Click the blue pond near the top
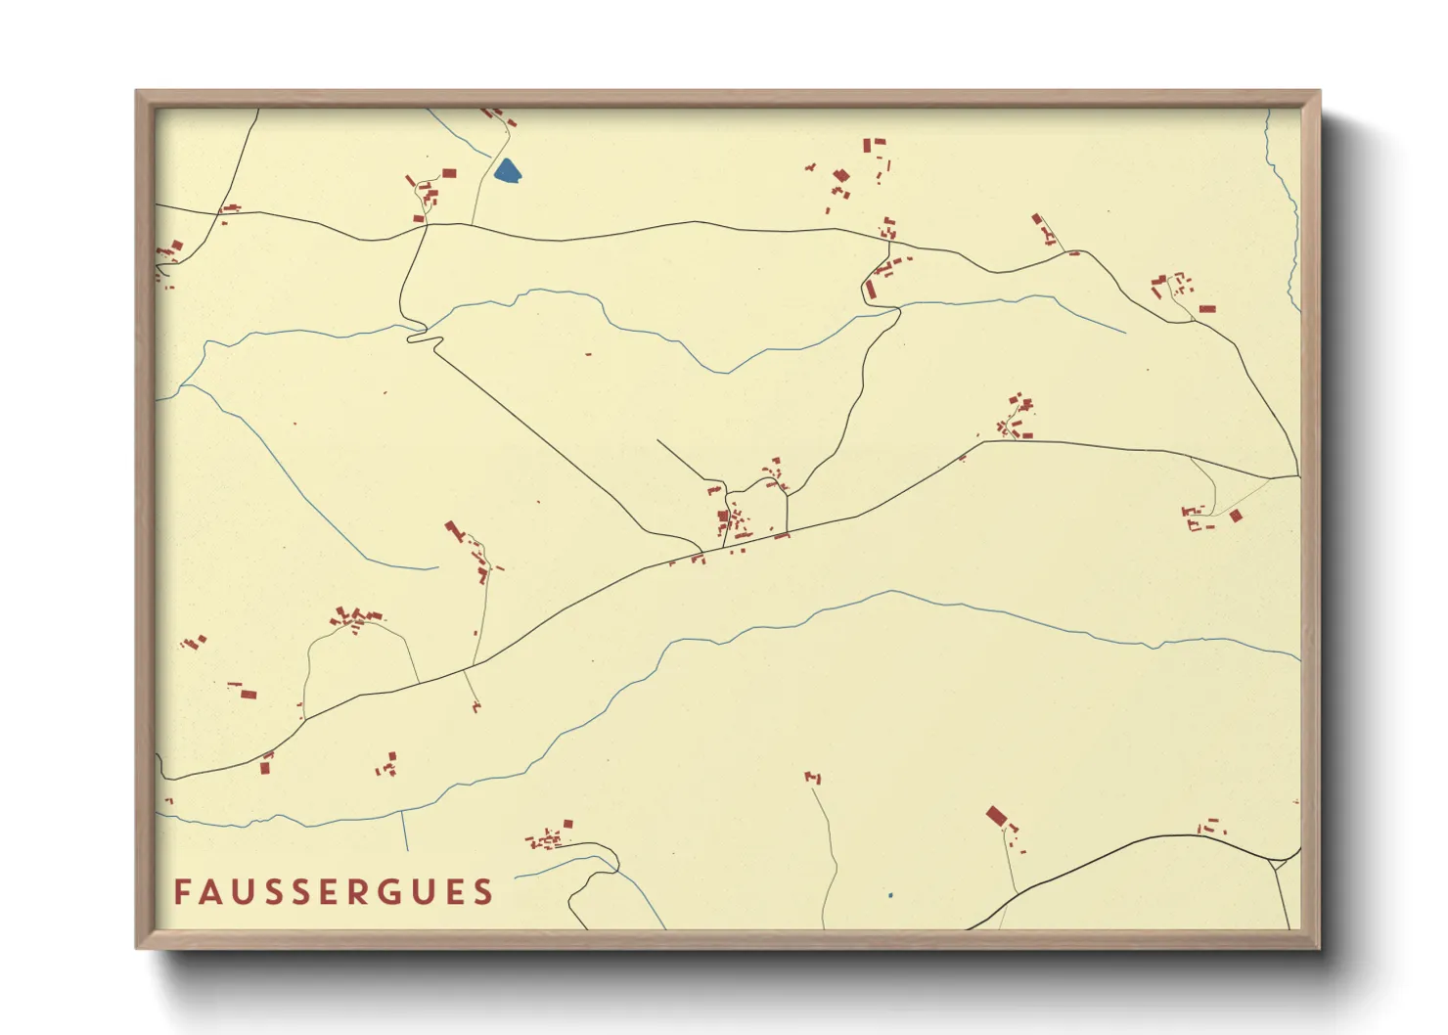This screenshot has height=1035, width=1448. (507, 172)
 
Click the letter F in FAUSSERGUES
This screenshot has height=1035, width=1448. (182, 892)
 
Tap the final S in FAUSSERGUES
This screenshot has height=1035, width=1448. (483, 892)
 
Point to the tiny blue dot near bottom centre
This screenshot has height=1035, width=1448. (890, 895)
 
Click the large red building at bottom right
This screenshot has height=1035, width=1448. (996, 815)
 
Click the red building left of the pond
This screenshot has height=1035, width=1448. (449, 173)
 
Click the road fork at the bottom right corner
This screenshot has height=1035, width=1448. (1274, 862)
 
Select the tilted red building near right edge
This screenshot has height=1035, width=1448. (1236, 516)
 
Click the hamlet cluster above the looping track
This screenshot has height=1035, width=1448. (354, 618)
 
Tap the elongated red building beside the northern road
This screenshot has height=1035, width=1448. (869, 290)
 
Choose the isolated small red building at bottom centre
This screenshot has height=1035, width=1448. (813, 778)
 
